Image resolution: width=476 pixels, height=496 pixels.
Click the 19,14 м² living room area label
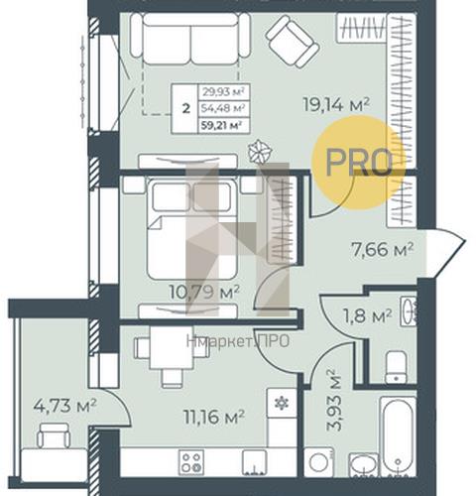coord(336,105)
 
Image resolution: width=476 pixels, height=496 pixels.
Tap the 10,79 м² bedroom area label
coord(204,292)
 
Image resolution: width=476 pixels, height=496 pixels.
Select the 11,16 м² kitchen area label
coord(214,417)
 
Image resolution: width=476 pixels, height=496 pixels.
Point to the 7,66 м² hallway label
coord(382,249)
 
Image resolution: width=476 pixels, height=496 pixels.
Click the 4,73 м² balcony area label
coord(64,406)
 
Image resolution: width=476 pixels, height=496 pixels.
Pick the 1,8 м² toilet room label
coord(368,316)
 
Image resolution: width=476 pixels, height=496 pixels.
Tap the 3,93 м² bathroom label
coord(334,400)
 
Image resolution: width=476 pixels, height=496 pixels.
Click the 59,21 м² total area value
coord(223,126)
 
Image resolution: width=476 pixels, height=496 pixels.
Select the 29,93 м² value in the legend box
coord(223,91)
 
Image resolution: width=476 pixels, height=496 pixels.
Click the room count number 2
coord(186,108)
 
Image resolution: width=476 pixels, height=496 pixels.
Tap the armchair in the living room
coord(293,42)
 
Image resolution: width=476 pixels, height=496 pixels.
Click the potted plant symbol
coord(260,152)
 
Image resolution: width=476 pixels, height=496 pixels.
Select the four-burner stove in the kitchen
coord(191,462)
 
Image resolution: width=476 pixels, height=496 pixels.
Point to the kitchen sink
coord(254,462)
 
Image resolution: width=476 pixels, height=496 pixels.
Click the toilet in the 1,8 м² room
coord(396,367)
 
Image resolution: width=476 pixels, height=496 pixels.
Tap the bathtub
coord(398,436)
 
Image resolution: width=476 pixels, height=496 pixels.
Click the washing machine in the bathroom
coord(318,462)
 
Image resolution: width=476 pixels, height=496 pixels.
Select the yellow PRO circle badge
coord(359,163)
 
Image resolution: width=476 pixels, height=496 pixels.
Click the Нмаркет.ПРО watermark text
coord(238,341)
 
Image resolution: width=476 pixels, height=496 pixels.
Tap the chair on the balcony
coord(54,435)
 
